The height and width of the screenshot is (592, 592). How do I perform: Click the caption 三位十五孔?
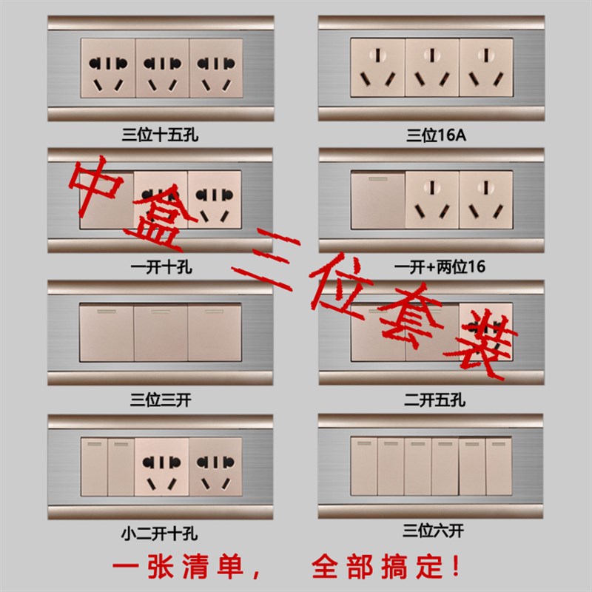click(161, 135)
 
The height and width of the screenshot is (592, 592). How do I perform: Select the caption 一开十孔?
click(161, 267)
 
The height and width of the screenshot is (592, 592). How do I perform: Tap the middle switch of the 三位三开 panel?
click(161, 331)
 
